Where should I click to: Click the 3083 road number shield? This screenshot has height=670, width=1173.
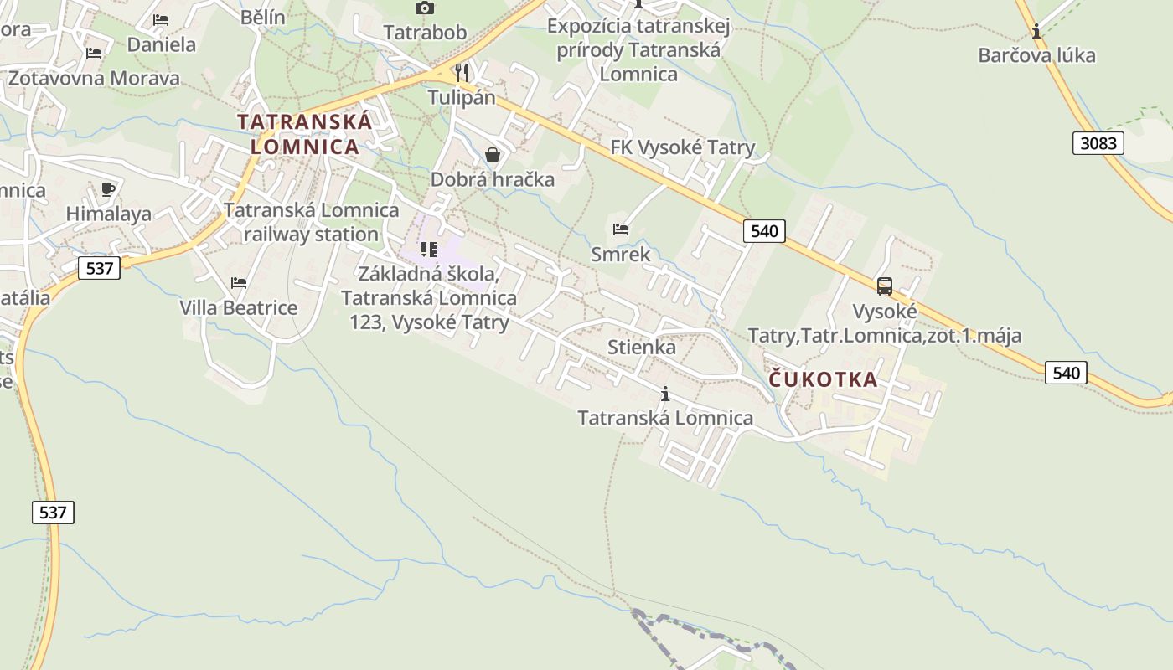tap(1098, 143)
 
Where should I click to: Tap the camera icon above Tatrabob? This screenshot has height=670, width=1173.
tap(425, 8)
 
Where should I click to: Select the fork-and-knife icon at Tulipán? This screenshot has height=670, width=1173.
tap(462, 71)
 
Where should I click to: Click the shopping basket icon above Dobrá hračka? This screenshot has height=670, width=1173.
tap(493, 155)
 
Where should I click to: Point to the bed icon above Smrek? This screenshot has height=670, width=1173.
tap(621, 229)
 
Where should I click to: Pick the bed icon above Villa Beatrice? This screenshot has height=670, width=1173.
tap(239, 283)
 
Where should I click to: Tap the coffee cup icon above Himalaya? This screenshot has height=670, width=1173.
tap(108, 189)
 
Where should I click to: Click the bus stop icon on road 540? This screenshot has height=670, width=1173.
tap(885, 286)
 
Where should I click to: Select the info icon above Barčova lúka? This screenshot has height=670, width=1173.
tap(1037, 32)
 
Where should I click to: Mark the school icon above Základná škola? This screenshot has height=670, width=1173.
tap(429, 250)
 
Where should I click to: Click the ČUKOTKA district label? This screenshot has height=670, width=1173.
tap(824, 379)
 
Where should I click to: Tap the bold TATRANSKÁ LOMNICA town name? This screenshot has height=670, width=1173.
tap(305, 134)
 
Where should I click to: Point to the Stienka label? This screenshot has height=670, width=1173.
tap(642, 347)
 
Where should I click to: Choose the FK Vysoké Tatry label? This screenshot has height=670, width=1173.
tap(683, 147)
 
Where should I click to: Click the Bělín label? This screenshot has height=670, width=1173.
tap(262, 17)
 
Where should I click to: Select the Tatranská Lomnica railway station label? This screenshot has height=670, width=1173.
tap(311, 222)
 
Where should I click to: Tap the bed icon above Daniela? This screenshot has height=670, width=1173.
tap(161, 20)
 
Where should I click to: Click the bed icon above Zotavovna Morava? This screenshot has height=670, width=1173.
tap(94, 54)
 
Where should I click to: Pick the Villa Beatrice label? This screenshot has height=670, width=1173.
tap(239, 307)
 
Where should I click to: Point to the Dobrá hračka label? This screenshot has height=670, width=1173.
tap(493, 179)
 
